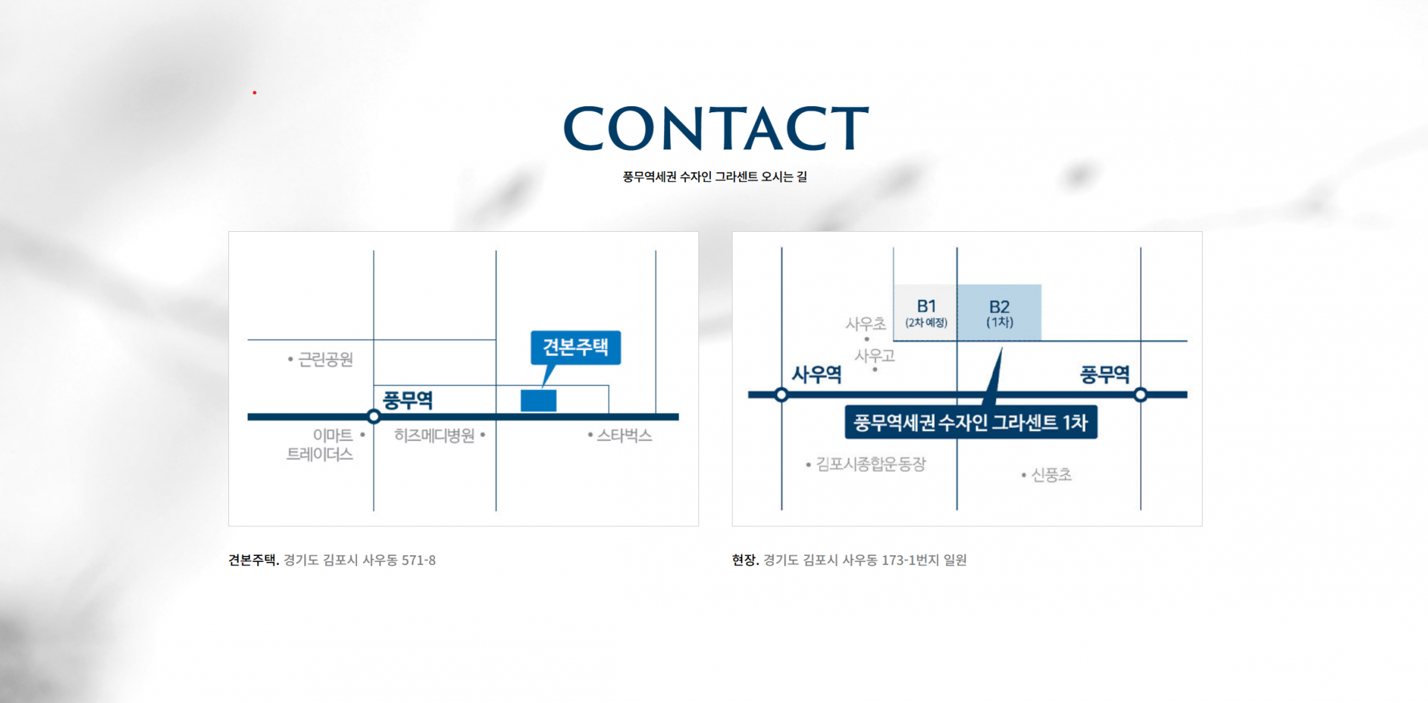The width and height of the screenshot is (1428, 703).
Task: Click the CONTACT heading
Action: (x=715, y=129)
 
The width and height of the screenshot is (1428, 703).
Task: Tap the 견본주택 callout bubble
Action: (x=576, y=347)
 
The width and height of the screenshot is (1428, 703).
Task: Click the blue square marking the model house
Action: (x=538, y=401)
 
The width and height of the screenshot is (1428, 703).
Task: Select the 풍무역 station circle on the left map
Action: (x=374, y=417)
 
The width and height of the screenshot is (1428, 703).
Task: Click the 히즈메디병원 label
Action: (x=434, y=435)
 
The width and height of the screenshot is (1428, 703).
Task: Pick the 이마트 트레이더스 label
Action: (x=321, y=444)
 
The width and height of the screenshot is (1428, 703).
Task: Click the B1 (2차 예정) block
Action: (x=926, y=313)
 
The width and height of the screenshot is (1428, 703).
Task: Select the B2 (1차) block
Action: (x=1000, y=313)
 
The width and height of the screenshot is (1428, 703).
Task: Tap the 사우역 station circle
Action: (x=782, y=395)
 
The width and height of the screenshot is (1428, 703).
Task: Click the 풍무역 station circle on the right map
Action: (x=1141, y=395)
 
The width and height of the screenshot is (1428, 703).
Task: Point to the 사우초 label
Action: (x=866, y=324)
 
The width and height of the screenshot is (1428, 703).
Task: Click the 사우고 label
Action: (x=875, y=356)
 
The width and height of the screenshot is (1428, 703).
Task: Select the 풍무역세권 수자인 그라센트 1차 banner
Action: (x=971, y=423)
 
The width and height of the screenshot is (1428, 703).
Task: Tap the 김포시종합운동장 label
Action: (x=871, y=464)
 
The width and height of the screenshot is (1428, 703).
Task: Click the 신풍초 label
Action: (x=1051, y=475)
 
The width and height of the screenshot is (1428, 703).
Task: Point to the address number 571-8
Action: (x=419, y=560)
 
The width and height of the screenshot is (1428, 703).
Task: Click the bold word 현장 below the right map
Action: (x=744, y=560)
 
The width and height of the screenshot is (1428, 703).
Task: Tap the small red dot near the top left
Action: (x=254, y=93)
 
